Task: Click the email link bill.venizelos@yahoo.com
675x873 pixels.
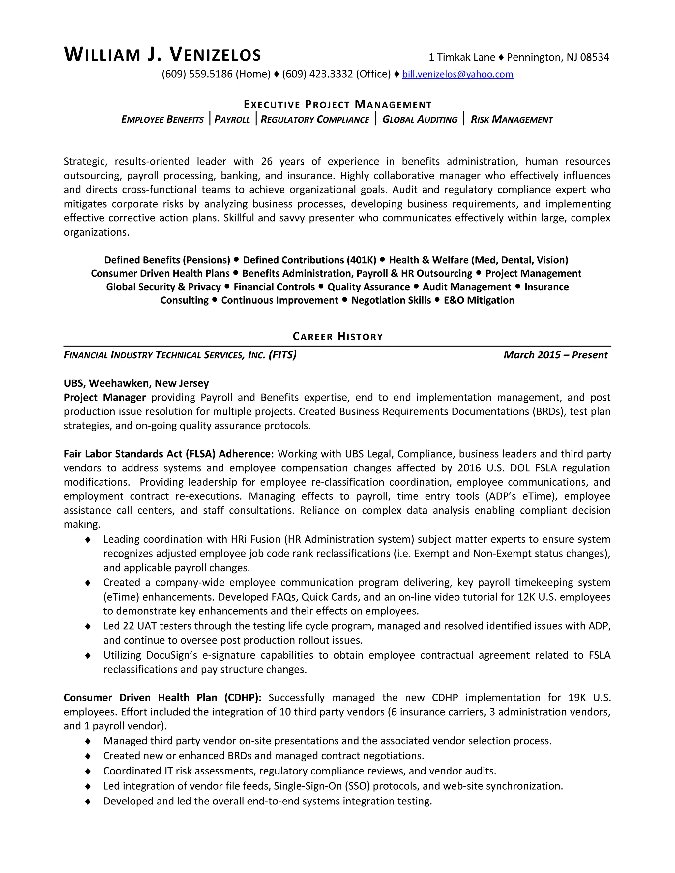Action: click(x=457, y=74)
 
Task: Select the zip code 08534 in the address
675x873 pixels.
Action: click(x=594, y=58)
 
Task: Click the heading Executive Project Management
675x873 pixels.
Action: click(x=338, y=105)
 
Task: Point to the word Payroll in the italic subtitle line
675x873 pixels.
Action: click(x=232, y=120)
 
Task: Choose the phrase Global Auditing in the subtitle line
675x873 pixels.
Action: click(x=420, y=120)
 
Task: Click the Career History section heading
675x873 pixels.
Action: click(x=338, y=337)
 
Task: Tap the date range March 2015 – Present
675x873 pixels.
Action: click(x=555, y=355)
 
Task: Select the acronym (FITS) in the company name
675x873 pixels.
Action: click(x=283, y=355)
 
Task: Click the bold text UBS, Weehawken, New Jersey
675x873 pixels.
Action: click(x=136, y=383)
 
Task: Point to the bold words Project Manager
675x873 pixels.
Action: click(x=105, y=397)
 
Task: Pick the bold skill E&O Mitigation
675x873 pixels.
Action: click(x=479, y=300)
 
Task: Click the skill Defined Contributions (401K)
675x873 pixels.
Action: click(x=309, y=260)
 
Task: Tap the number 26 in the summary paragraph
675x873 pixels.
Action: click(x=267, y=161)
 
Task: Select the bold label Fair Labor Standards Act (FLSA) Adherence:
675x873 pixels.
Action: click(x=169, y=454)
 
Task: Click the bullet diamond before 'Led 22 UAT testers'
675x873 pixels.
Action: click(x=88, y=626)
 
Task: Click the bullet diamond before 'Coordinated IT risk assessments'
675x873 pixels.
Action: click(x=88, y=771)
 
